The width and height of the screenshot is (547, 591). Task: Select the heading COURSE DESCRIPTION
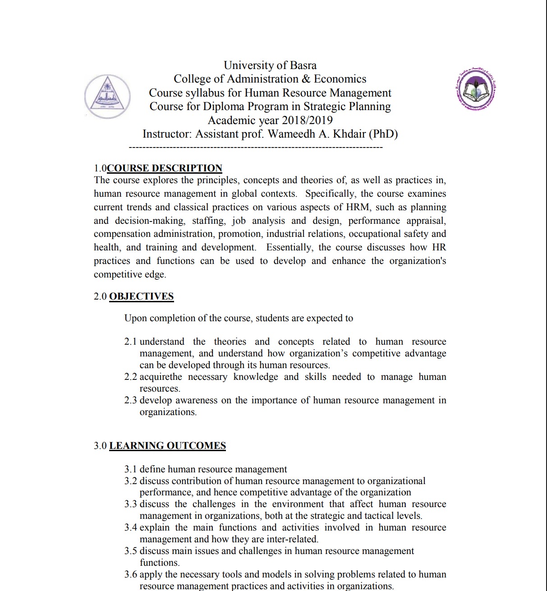click(165, 168)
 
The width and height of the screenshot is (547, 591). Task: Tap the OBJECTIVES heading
click(141, 296)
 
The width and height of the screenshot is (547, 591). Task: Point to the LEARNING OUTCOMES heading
click(167, 446)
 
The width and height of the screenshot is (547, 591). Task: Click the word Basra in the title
click(303, 65)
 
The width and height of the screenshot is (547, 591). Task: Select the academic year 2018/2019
click(307, 120)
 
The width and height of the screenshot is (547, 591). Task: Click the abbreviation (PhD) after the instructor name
click(383, 134)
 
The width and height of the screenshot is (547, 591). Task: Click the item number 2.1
click(131, 342)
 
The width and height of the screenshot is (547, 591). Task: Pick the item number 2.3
click(131, 400)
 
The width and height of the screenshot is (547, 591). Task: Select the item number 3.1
click(131, 469)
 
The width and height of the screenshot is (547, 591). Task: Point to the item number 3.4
click(131, 527)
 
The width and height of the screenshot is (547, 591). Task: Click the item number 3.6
click(131, 574)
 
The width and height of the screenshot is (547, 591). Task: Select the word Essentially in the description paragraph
click(289, 247)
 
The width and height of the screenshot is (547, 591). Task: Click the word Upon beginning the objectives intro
click(135, 318)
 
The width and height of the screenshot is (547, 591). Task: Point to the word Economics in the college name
click(340, 79)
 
